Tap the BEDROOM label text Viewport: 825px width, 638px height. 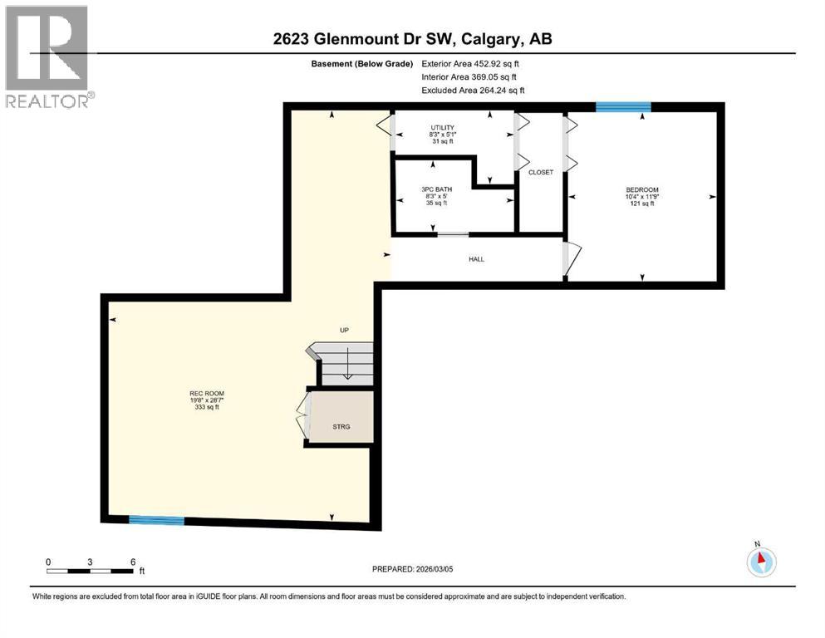(x=641, y=190)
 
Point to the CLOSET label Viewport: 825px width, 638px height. (x=541, y=172)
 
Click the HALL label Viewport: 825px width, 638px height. (x=476, y=259)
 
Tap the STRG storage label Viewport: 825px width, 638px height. (x=341, y=427)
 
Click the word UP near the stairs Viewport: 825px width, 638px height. (x=344, y=331)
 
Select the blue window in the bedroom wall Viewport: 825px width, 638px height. (x=622, y=106)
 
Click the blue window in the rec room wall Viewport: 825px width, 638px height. (x=156, y=521)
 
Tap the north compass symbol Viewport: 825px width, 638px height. (x=760, y=561)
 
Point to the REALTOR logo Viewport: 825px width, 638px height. (x=49, y=56)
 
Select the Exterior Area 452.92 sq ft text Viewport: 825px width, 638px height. (x=473, y=63)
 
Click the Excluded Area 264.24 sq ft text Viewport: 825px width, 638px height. (x=473, y=90)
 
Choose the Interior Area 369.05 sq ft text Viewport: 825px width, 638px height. (x=473, y=76)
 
